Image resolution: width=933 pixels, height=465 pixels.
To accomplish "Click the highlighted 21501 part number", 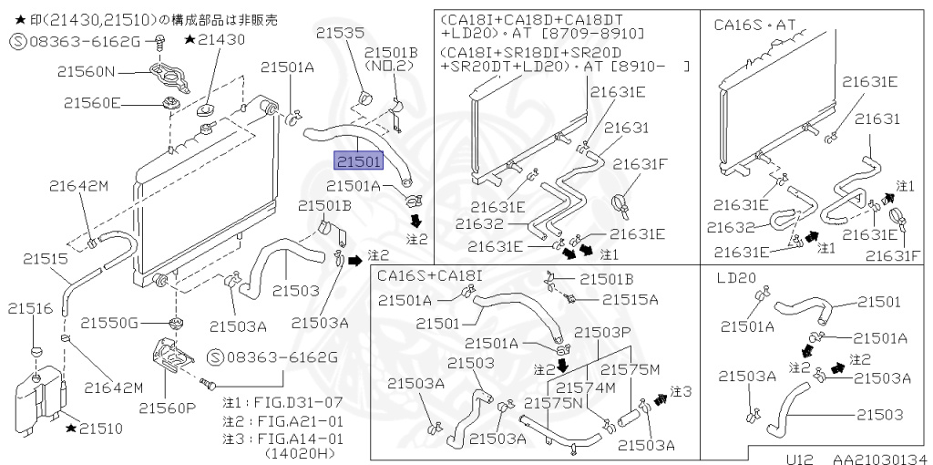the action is coord(359,160).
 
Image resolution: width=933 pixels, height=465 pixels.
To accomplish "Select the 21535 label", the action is coord(340,33).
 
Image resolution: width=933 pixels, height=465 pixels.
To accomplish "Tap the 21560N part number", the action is coord(87,72).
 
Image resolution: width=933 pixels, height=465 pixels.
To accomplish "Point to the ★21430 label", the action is coord(214,40).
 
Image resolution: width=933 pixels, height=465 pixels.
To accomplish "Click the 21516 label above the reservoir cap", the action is coord(30,308).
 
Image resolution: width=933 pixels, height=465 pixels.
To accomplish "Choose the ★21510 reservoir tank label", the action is coord(94,429).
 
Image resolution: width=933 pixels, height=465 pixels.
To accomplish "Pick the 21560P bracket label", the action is coord(168,408).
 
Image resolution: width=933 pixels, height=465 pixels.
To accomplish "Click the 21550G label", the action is coord(109,324).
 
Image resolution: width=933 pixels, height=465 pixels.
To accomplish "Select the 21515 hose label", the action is coord(46,259).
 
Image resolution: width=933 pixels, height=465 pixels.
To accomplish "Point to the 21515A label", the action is coord(631,299).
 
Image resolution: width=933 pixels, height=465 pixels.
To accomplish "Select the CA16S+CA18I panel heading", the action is coord(430,275).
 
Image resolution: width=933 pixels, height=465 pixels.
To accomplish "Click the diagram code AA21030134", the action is coord(879,459).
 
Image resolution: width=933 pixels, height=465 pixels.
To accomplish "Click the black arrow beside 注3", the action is coord(660,398).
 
